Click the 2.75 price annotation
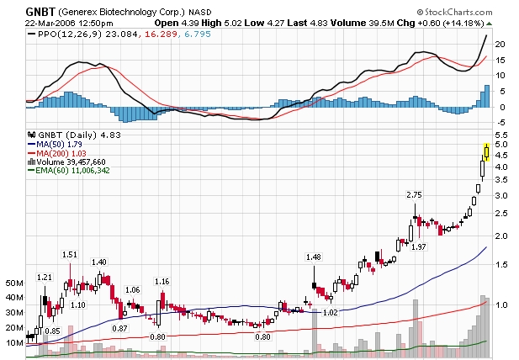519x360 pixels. pos(414,195)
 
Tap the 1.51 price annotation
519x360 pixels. pos(70,254)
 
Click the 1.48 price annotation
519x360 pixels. pos(314,257)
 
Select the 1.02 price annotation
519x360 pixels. pos(330,312)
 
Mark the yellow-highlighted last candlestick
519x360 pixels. pos(487,151)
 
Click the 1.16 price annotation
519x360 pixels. pos(162,281)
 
